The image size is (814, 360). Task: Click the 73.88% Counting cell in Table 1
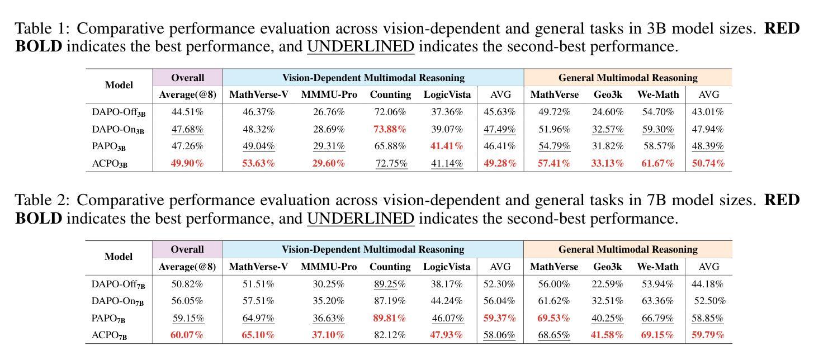click(x=390, y=129)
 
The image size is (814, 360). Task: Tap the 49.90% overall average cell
click(x=187, y=163)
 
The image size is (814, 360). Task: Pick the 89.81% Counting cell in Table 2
click(x=390, y=318)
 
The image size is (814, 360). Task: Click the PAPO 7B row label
click(x=108, y=319)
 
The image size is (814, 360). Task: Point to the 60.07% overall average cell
click(x=187, y=335)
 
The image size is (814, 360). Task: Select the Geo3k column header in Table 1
click(x=608, y=94)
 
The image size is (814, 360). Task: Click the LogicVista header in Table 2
click(x=447, y=267)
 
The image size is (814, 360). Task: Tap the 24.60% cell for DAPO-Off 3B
click(x=608, y=112)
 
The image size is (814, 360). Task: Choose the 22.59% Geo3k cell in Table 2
click(x=608, y=284)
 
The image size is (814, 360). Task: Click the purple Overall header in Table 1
click(x=187, y=78)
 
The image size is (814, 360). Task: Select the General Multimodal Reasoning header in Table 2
click(x=628, y=249)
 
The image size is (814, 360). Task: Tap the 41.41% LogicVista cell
click(x=447, y=146)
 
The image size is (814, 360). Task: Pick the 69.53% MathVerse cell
click(x=553, y=318)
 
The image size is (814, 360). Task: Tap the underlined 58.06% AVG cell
click(x=499, y=335)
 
